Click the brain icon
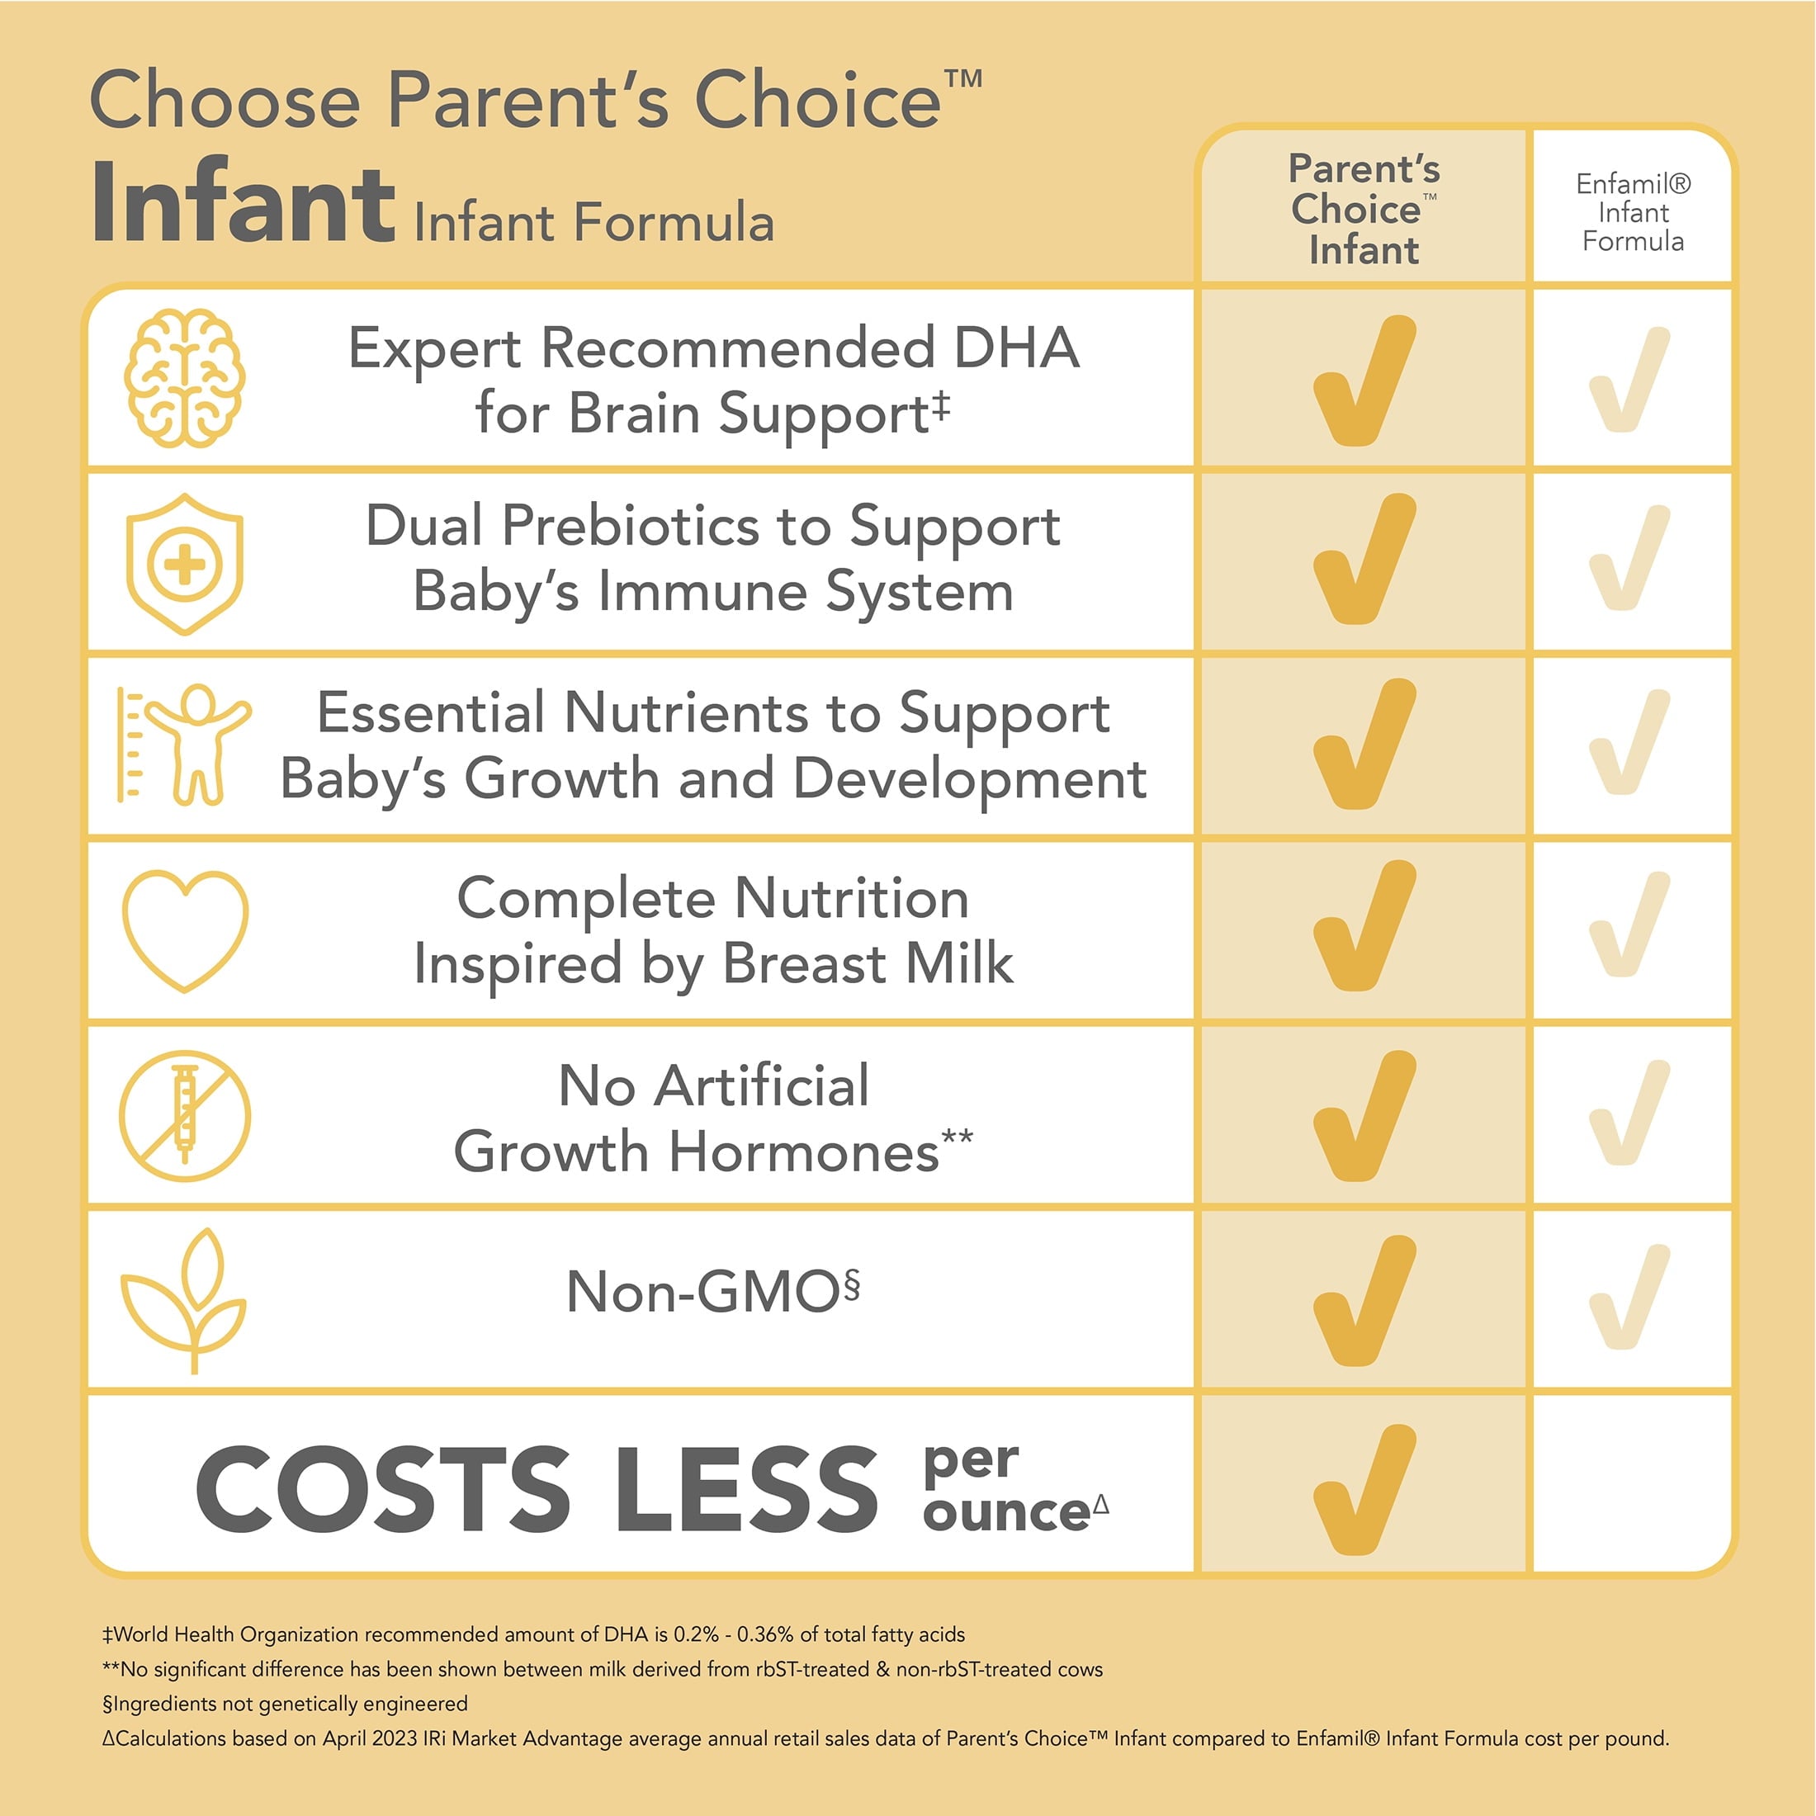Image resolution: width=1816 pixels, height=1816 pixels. coord(184,377)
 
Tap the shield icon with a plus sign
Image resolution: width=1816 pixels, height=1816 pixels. coord(184,564)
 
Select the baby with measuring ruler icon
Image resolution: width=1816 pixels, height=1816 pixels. coord(184,745)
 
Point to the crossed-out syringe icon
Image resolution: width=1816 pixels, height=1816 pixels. coord(185,1116)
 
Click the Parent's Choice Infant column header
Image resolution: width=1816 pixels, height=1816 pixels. coord(1363,210)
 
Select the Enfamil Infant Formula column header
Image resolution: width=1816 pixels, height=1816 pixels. coord(1633,212)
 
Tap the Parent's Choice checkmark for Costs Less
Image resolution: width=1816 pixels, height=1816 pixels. coord(1363,1489)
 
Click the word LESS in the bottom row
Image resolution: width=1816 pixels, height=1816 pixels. coord(746,1488)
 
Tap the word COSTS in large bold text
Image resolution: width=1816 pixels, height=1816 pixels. coord(382,1488)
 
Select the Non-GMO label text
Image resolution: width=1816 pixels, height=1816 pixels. coord(712,1292)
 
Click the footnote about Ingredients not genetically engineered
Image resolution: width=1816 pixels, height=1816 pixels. coord(285,1703)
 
